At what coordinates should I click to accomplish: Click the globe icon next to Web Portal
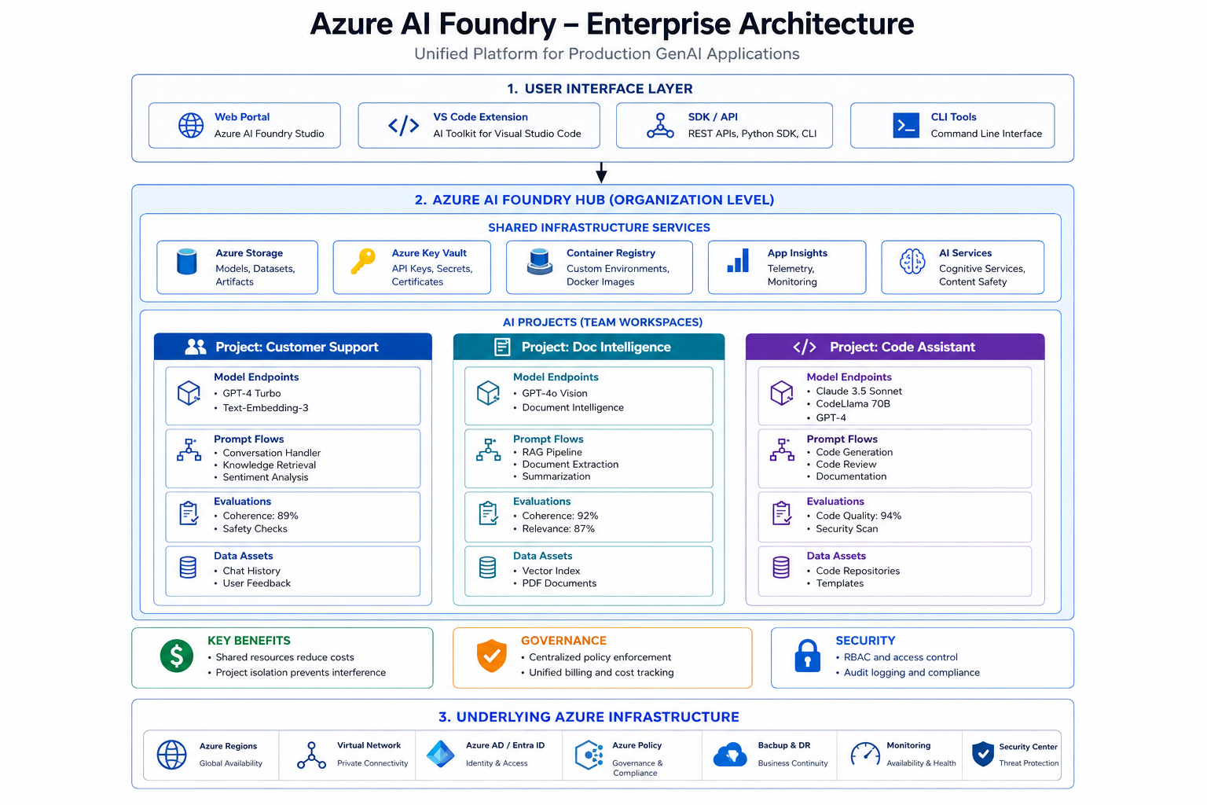191,125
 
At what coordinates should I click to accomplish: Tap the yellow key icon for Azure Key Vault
363,262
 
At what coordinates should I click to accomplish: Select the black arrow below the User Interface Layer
601,172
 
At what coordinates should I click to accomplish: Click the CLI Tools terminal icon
906,125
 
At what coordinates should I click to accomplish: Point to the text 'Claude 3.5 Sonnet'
858,391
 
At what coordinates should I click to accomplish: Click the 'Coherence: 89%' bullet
260,516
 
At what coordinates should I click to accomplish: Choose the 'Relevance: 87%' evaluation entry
558,529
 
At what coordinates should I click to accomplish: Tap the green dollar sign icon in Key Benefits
177,656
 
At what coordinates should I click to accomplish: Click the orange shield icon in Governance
491,656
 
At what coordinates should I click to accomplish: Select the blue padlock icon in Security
807,656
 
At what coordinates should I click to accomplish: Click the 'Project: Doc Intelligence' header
589,347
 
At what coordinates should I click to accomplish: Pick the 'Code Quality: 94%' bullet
858,516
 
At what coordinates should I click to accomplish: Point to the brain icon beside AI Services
912,262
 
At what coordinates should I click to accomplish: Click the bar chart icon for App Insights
738,260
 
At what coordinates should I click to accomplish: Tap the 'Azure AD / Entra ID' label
505,745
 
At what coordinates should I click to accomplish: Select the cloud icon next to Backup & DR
729,755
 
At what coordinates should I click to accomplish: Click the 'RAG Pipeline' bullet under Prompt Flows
552,452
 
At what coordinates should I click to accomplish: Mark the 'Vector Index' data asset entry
551,571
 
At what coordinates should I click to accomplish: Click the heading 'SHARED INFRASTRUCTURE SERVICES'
600,227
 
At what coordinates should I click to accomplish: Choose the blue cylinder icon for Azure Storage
187,262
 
